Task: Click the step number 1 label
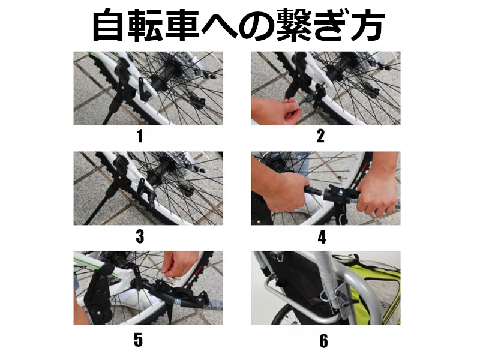[x=140, y=136]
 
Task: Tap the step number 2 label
[x=320, y=136]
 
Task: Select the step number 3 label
[x=140, y=236]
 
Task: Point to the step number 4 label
[x=322, y=237]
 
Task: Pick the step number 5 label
[x=138, y=340]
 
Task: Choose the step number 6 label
[x=323, y=341]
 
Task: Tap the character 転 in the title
[x=145, y=25]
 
